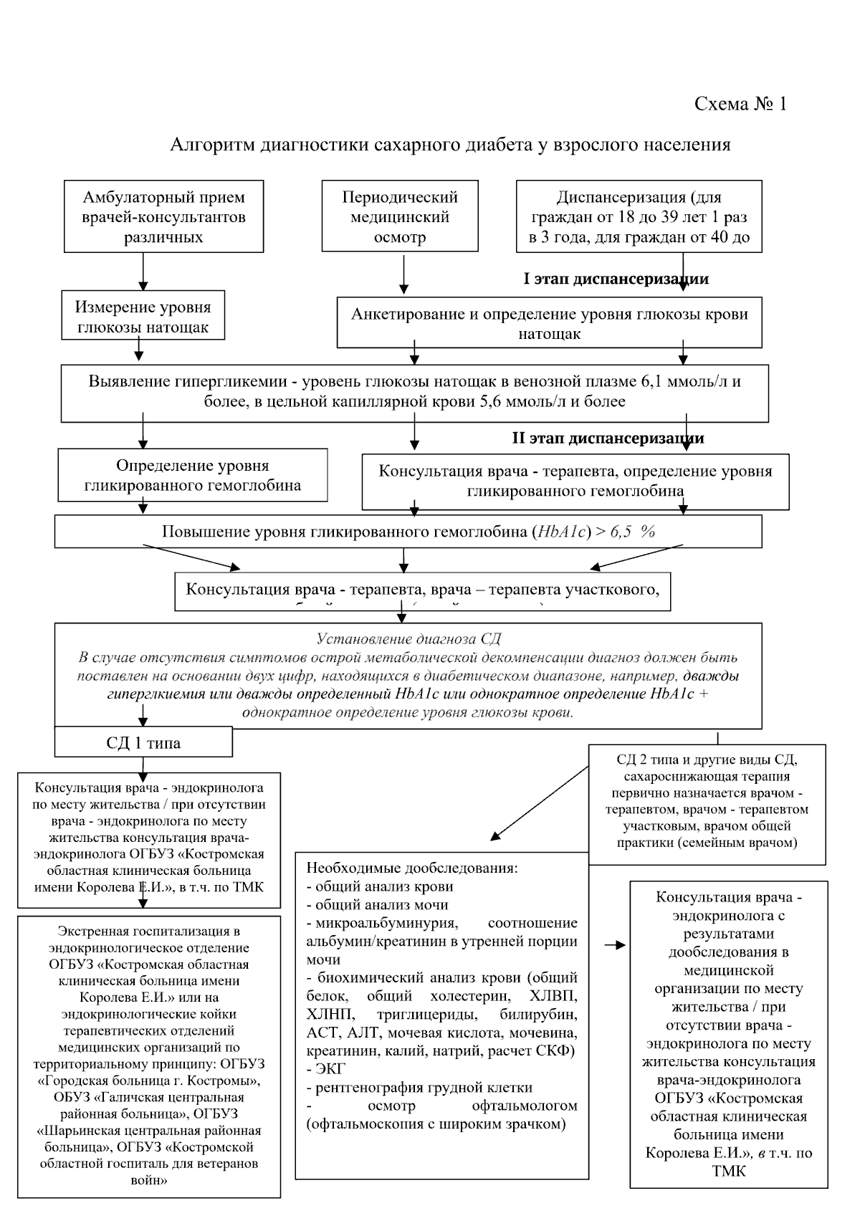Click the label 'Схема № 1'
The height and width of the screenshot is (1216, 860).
pyautogui.click(x=740, y=104)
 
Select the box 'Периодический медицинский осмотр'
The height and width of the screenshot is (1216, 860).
pyautogui.click(x=400, y=216)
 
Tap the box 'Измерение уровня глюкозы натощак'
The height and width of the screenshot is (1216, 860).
pyautogui.click(x=143, y=317)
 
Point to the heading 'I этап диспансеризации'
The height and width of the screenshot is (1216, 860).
pyautogui.click(x=616, y=279)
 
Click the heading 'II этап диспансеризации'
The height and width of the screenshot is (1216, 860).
pyautogui.click(x=608, y=438)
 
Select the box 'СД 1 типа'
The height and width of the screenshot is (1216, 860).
pyautogui.click(x=143, y=742)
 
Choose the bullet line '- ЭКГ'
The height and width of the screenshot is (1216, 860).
pyautogui.click(x=326, y=1068)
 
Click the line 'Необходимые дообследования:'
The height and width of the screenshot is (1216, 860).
pyautogui.click(x=412, y=867)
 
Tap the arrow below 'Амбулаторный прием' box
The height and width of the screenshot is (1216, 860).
pyautogui.click(x=143, y=271)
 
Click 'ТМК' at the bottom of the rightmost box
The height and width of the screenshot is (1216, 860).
pyautogui.click(x=729, y=1172)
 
